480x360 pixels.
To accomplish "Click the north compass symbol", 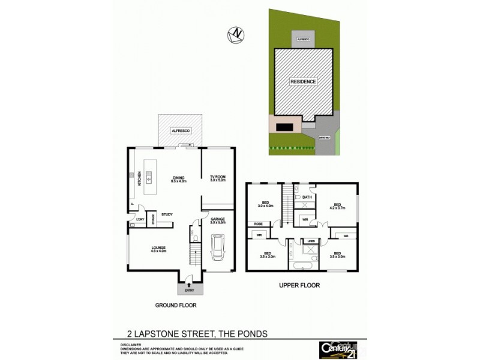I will [238, 35].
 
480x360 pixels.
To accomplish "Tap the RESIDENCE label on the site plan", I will [303, 81].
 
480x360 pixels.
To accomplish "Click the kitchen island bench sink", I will [148, 178].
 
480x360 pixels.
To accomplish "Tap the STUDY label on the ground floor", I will [167, 214].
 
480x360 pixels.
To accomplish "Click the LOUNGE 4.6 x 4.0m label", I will [158, 250].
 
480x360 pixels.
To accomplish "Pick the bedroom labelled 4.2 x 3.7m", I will [337, 206].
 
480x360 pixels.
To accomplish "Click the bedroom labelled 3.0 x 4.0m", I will [265, 205].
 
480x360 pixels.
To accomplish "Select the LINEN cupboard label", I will [310, 241].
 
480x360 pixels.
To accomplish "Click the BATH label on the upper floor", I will [307, 197].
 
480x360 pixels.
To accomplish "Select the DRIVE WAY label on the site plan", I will [324, 138].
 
